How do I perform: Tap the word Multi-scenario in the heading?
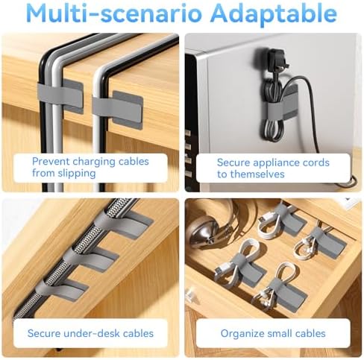tap(114, 13)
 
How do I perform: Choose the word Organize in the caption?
tap(239, 334)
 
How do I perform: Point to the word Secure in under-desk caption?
tap(44, 333)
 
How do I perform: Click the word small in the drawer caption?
tap(276, 333)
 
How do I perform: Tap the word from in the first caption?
tap(43, 173)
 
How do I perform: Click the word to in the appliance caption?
tap(222, 174)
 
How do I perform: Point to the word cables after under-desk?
tap(138, 333)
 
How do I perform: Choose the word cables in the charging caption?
tap(134, 162)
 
